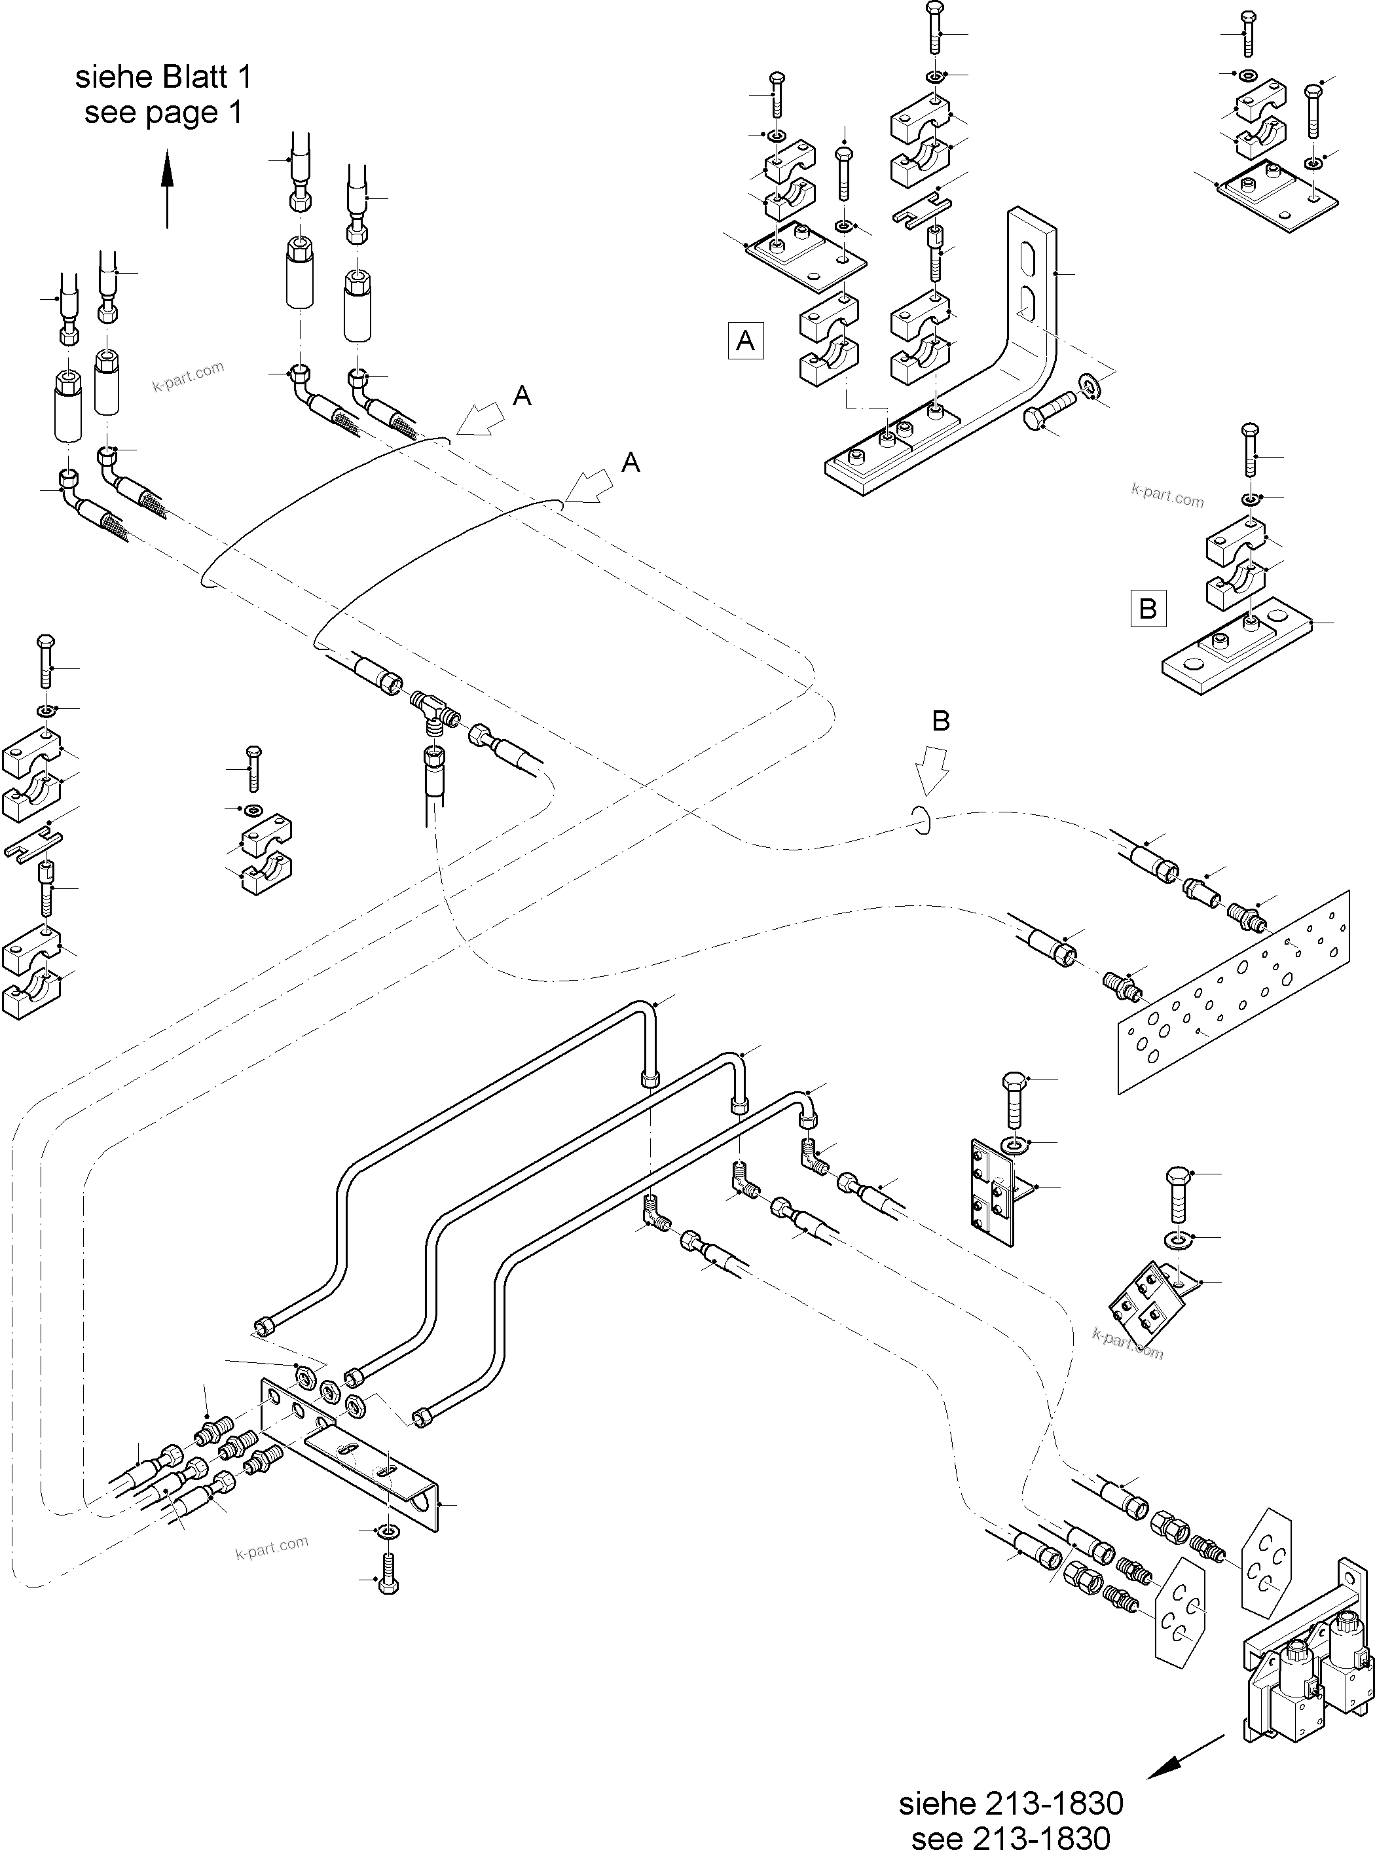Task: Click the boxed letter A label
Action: point(745,340)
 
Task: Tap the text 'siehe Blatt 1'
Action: point(163,77)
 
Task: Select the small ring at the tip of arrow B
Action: point(921,820)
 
